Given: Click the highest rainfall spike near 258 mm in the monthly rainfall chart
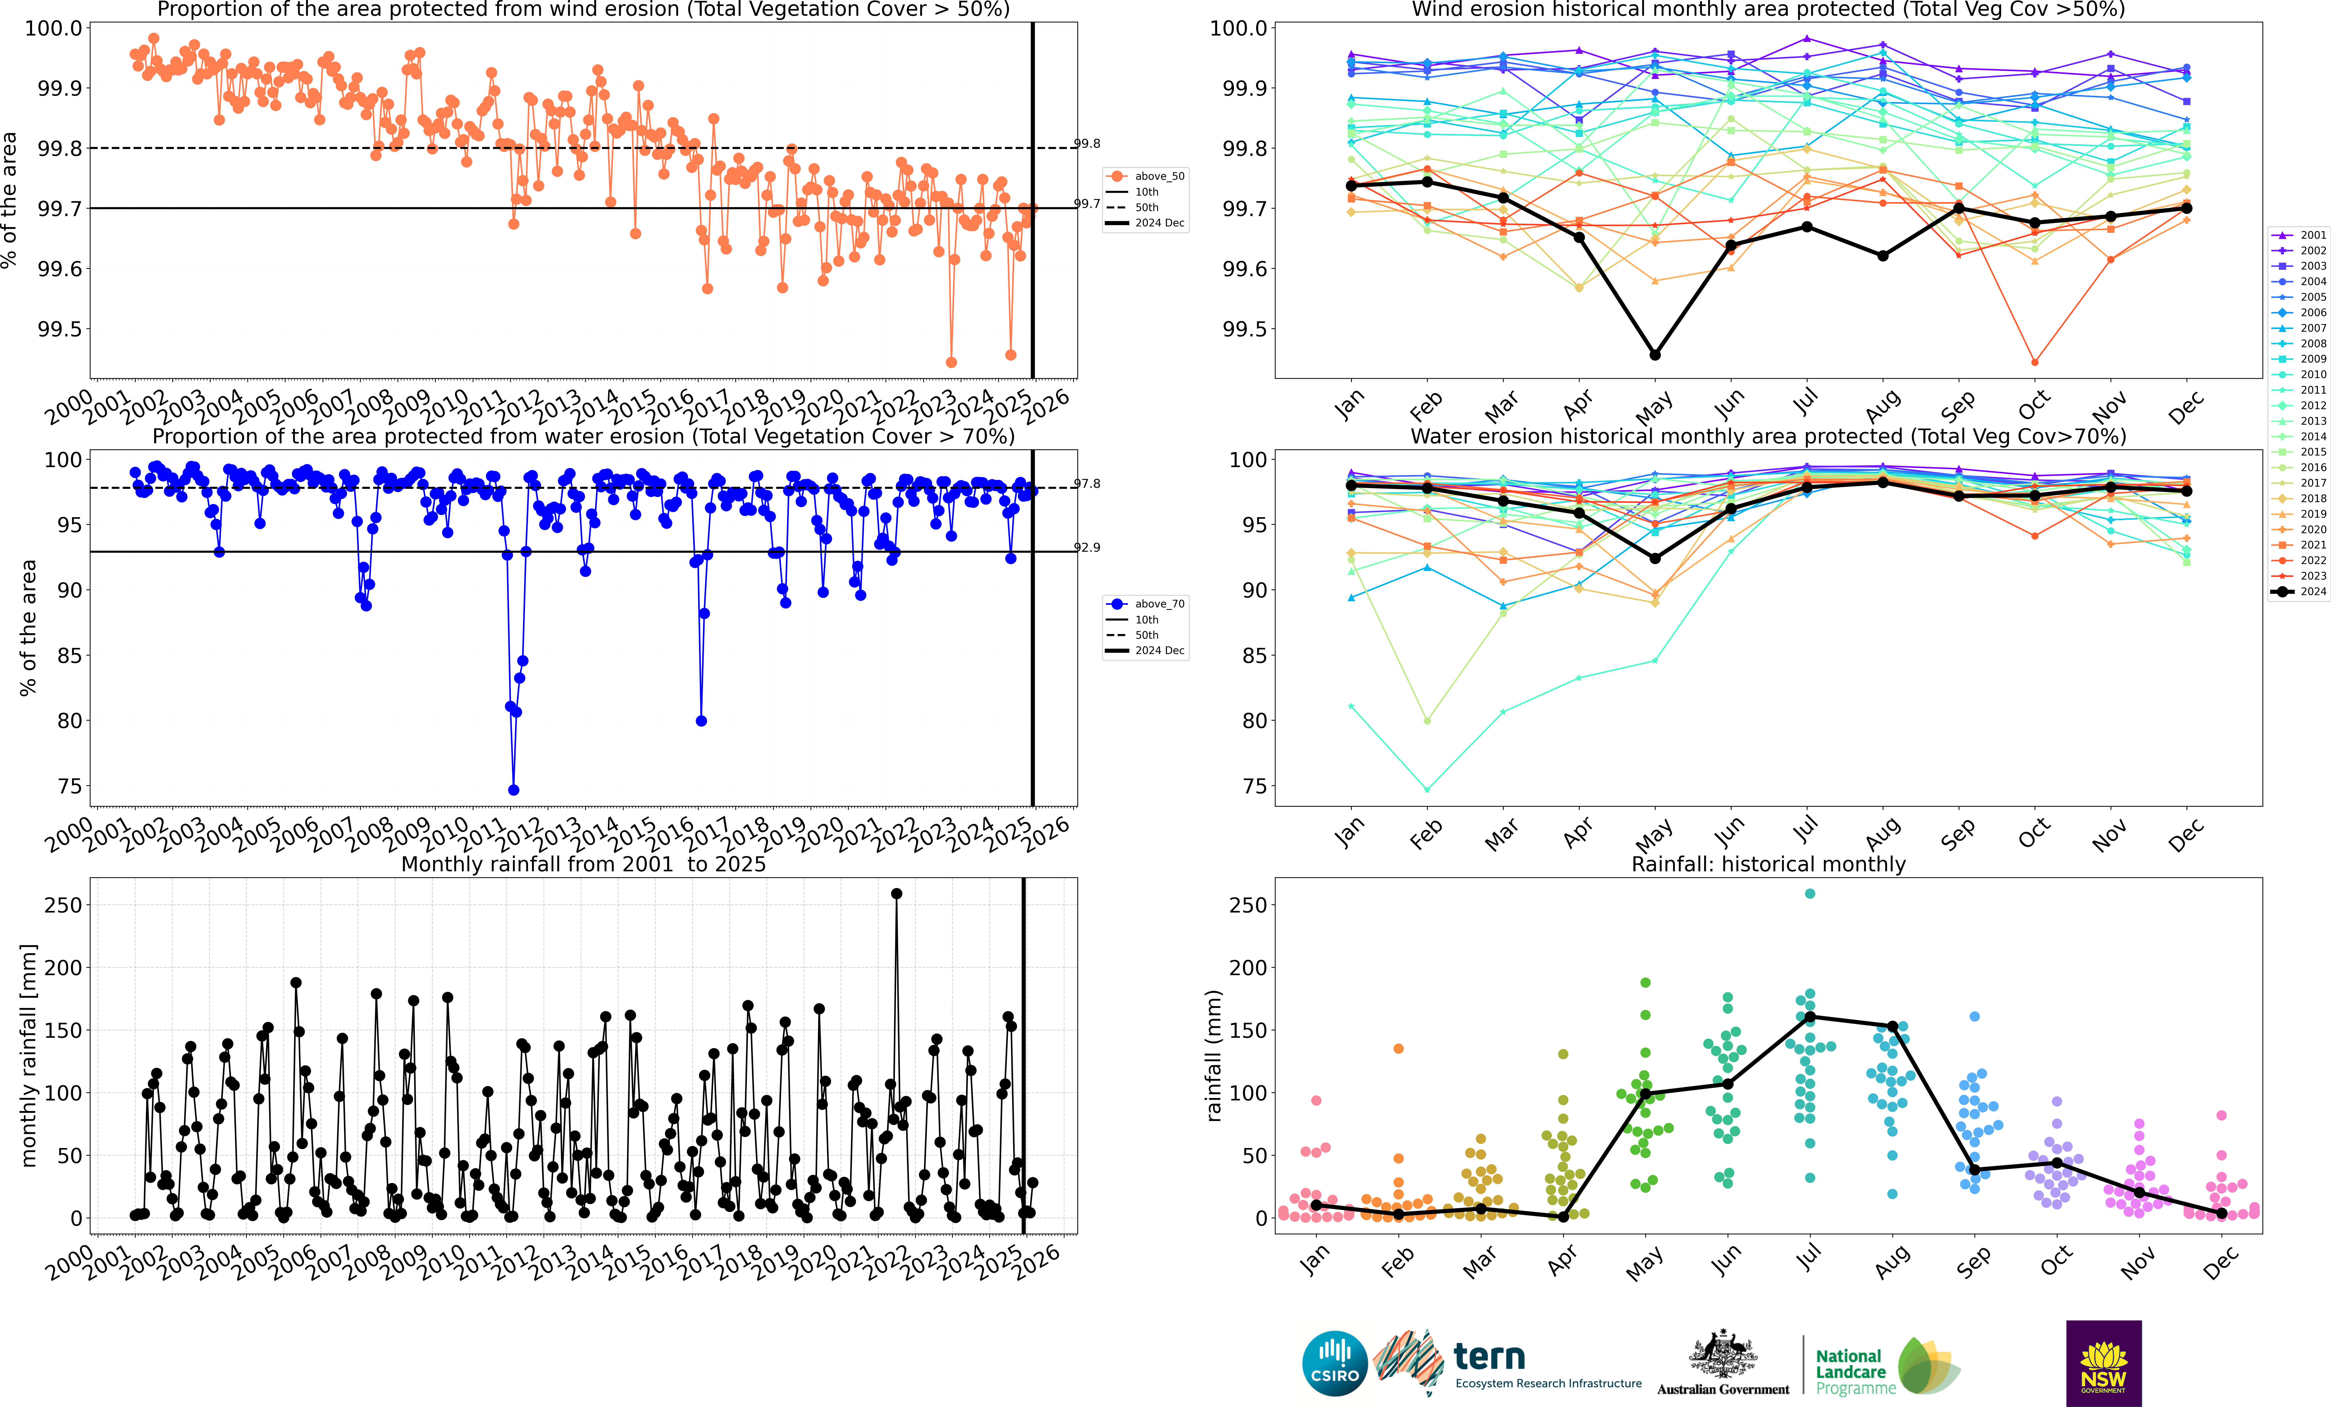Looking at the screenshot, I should [x=896, y=893].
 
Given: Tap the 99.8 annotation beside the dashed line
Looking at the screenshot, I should [x=1087, y=144].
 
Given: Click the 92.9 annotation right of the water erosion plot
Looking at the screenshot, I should [x=1087, y=547].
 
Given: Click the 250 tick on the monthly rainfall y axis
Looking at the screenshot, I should [x=62, y=905].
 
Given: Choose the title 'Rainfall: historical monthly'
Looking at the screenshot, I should [x=1768, y=864].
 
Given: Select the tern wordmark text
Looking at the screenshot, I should [x=1489, y=1357].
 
